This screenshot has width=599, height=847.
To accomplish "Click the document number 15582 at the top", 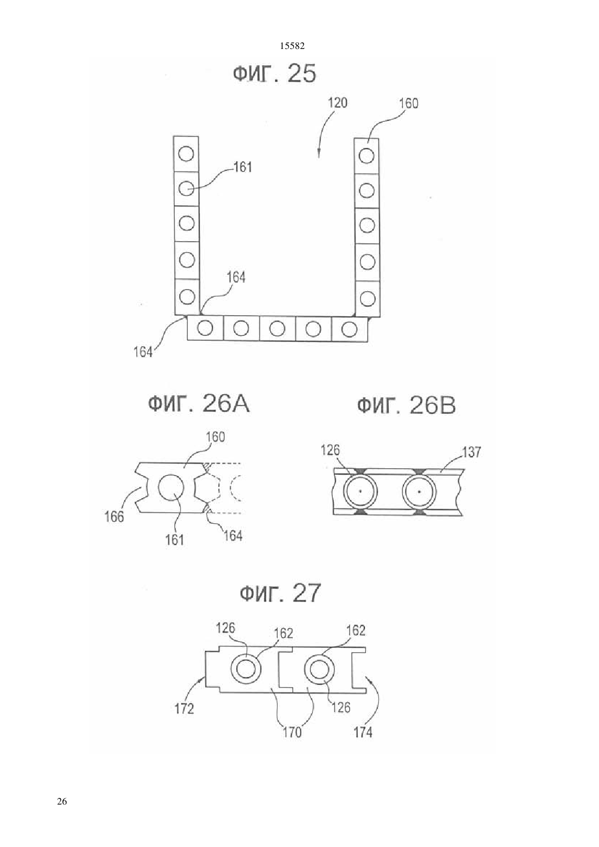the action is [x=292, y=46].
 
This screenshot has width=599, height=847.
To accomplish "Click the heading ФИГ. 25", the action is [x=274, y=73].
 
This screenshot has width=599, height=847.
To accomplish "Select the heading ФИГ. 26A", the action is [x=199, y=404].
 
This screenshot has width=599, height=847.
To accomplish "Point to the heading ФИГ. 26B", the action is [x=407, y=406].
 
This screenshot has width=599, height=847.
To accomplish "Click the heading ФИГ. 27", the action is [x=280, y=593].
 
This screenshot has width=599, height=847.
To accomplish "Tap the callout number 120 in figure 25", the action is [x=337, y=103].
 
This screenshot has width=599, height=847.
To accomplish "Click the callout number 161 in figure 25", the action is [x=243, y=167].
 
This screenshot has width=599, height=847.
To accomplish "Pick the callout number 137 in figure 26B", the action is [x=471, y=452].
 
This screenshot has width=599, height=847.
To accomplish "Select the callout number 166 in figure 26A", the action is [x=114, y=517].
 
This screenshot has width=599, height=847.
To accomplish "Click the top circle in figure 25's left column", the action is [x=186, y=154].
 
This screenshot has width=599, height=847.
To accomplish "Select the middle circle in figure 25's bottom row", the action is [x=277, y=328].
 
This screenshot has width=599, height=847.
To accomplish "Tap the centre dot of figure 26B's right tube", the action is [x=419, y=492].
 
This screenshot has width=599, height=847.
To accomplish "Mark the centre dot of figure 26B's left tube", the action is [x=360, y=491].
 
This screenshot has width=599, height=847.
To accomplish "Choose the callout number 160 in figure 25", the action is [x=409, y=103].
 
